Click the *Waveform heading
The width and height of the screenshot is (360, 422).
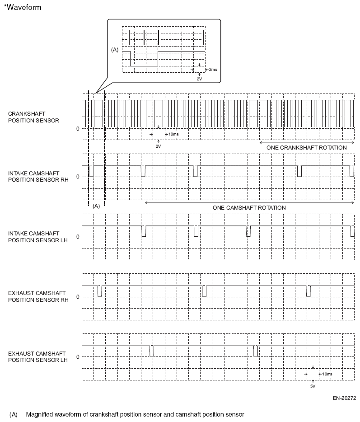(22, 8)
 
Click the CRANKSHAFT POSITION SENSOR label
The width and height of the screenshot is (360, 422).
(33, 117)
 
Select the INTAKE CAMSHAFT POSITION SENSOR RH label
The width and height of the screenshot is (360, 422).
(38, 176)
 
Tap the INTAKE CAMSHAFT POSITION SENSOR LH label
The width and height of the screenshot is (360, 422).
(38, 236)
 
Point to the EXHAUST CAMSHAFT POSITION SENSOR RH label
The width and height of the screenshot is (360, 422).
(38, 296)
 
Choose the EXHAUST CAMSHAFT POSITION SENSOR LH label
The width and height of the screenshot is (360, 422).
(38, 356)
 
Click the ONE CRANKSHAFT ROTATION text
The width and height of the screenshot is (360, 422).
(307, 148)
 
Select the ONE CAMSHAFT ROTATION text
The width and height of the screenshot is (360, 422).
(249, 207)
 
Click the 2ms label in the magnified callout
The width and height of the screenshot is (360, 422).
(213, 70)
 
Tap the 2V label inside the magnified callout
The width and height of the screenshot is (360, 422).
(199, 79)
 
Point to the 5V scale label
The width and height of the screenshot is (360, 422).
(313, 387)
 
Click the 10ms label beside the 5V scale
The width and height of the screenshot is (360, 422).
(327, 374)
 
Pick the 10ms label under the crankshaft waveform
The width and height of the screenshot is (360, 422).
(173, 134)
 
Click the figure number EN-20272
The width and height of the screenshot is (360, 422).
(345, 399)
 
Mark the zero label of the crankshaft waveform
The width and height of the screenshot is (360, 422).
(78, 128)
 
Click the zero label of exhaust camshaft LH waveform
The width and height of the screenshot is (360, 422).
(78, 356)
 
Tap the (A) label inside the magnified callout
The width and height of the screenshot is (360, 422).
(115, 50)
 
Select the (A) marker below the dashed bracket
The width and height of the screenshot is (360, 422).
(96, 206)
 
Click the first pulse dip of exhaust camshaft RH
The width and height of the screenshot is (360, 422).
(100, 291)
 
